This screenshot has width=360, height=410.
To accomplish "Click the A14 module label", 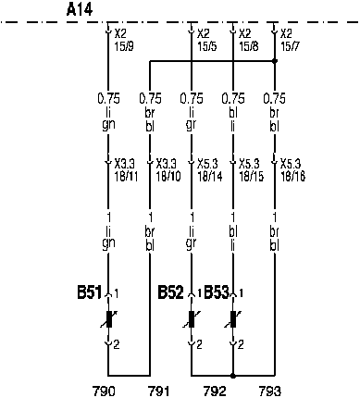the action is [x=80, y=9].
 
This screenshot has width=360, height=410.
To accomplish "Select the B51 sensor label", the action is [x=89, y=292].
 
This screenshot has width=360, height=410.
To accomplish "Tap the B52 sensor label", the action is [x=170, y=292].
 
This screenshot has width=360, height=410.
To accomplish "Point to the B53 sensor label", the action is [x=217, y=292].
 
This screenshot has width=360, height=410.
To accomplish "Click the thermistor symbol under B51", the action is [x=108, y=319].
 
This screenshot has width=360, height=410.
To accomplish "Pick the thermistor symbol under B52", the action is [x=192, y=319].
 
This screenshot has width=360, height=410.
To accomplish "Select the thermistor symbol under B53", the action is [x=233, y=319].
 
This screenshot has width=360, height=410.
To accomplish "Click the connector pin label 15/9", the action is [x=124, y=46].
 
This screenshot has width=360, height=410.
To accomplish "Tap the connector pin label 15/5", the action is [x=207, y=46].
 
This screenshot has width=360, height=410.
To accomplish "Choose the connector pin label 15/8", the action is [x=249, y=46].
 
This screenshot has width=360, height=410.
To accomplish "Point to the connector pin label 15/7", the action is [x=290, y=46].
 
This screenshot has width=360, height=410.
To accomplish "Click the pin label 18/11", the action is [x=126, y=177].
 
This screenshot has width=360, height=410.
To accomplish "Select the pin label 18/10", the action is [x=168, y=177].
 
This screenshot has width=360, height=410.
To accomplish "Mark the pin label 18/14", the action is [x=210, y=177].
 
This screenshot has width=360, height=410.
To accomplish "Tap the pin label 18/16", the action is [x=292, y=177].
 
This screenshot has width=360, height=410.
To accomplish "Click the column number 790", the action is [x=104, y=391].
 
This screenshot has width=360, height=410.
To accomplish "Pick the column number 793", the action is [x=270, y=391].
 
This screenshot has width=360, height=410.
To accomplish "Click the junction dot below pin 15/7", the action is [x=275, y=61].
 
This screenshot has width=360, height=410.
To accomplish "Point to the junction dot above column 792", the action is [x=233, y=376].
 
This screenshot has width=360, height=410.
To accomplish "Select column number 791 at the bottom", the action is [x=159, y=391].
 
